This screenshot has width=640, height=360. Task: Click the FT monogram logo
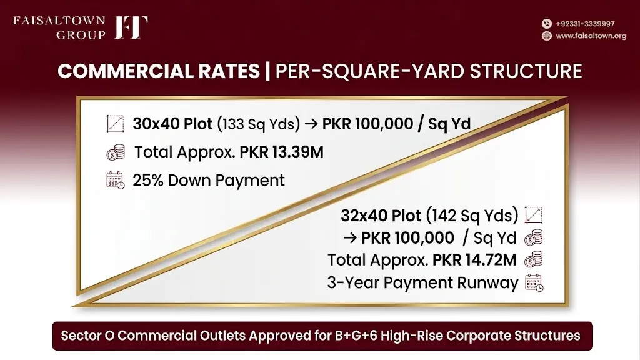[x=131, y=27]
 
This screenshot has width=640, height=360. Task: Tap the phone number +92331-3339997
[x=585, y=24]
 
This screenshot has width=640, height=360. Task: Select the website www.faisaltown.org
[x=591, y=36]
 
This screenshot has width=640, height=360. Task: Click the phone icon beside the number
[x=546, y=24]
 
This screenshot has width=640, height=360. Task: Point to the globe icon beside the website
[x=546, y=36]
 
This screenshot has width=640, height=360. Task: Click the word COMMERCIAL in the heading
[x=159, y=71]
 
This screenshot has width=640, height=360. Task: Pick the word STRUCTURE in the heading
[x=526, y=71]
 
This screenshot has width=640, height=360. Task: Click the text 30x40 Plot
[x=172, y=124]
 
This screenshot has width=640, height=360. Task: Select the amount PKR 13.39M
[x=281, y=152]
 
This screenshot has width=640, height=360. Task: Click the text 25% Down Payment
[x=209, y=181]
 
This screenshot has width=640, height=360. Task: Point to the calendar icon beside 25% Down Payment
[x=116, y=181]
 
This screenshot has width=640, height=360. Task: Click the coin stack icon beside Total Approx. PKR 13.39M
[x=116, y=152]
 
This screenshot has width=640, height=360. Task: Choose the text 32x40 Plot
[x=381, y=216]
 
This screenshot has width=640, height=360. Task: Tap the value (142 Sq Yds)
[x=472, y=216]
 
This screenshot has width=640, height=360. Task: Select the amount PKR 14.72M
[x=474, y=260]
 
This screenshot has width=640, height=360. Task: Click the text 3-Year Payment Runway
[x=422, y=282]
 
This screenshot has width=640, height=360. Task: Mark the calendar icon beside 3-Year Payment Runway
[x=534, y=282]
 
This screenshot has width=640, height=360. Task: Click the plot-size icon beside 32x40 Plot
[x=534, y=215]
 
